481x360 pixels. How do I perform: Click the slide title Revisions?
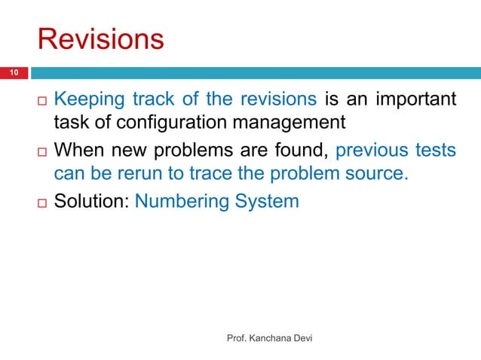[x=100, y=39]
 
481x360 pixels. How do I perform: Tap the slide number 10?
[x=14, y=72]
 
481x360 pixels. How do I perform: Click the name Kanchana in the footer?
[x=272, y=339]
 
